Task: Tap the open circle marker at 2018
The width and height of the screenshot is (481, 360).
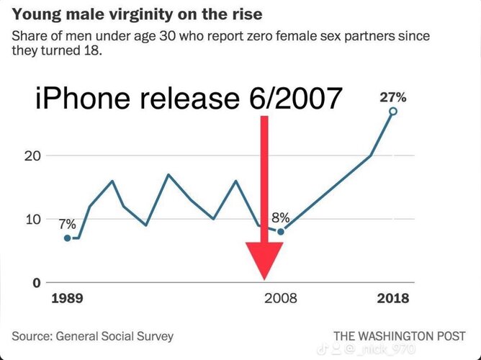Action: pyautogui.click(x=393, y=111)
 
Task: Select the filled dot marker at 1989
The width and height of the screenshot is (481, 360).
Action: pyautogui.click(x=67, y=238)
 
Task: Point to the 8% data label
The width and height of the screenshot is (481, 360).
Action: pyautogui.click(x=281, y=217)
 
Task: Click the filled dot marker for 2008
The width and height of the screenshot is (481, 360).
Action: pyautogui.click(x=281, y=232)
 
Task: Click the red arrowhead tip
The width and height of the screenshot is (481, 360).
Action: pyautogui.click(x=264, y=278)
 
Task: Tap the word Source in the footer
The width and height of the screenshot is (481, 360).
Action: pyautogui.click(x=30, y=336)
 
